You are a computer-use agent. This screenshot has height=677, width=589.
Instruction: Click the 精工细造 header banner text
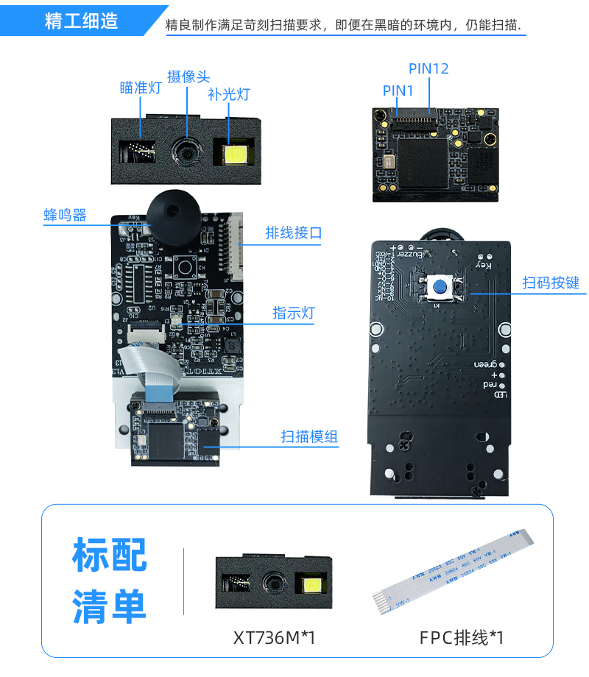[81, 21]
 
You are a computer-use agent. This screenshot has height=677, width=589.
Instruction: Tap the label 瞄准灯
[140, 88]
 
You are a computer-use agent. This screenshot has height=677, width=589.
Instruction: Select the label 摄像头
[188, 77]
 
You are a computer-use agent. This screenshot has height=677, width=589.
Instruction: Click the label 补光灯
[229, 94]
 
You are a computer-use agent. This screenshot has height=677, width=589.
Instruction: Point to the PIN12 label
[428, 68]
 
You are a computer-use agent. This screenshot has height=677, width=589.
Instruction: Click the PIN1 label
[398, 90]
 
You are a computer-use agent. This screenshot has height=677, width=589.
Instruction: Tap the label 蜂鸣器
[65, 215]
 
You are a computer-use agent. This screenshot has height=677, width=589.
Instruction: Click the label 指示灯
[294, 313]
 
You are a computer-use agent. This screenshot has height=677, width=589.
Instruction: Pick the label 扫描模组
[309, 436]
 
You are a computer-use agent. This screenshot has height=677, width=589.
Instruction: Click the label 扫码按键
[551, 283]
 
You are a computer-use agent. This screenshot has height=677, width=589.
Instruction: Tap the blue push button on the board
[440, 288]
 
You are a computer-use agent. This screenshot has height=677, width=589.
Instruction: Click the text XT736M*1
[274, 637]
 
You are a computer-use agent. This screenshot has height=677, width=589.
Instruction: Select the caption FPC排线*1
[462, 637]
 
